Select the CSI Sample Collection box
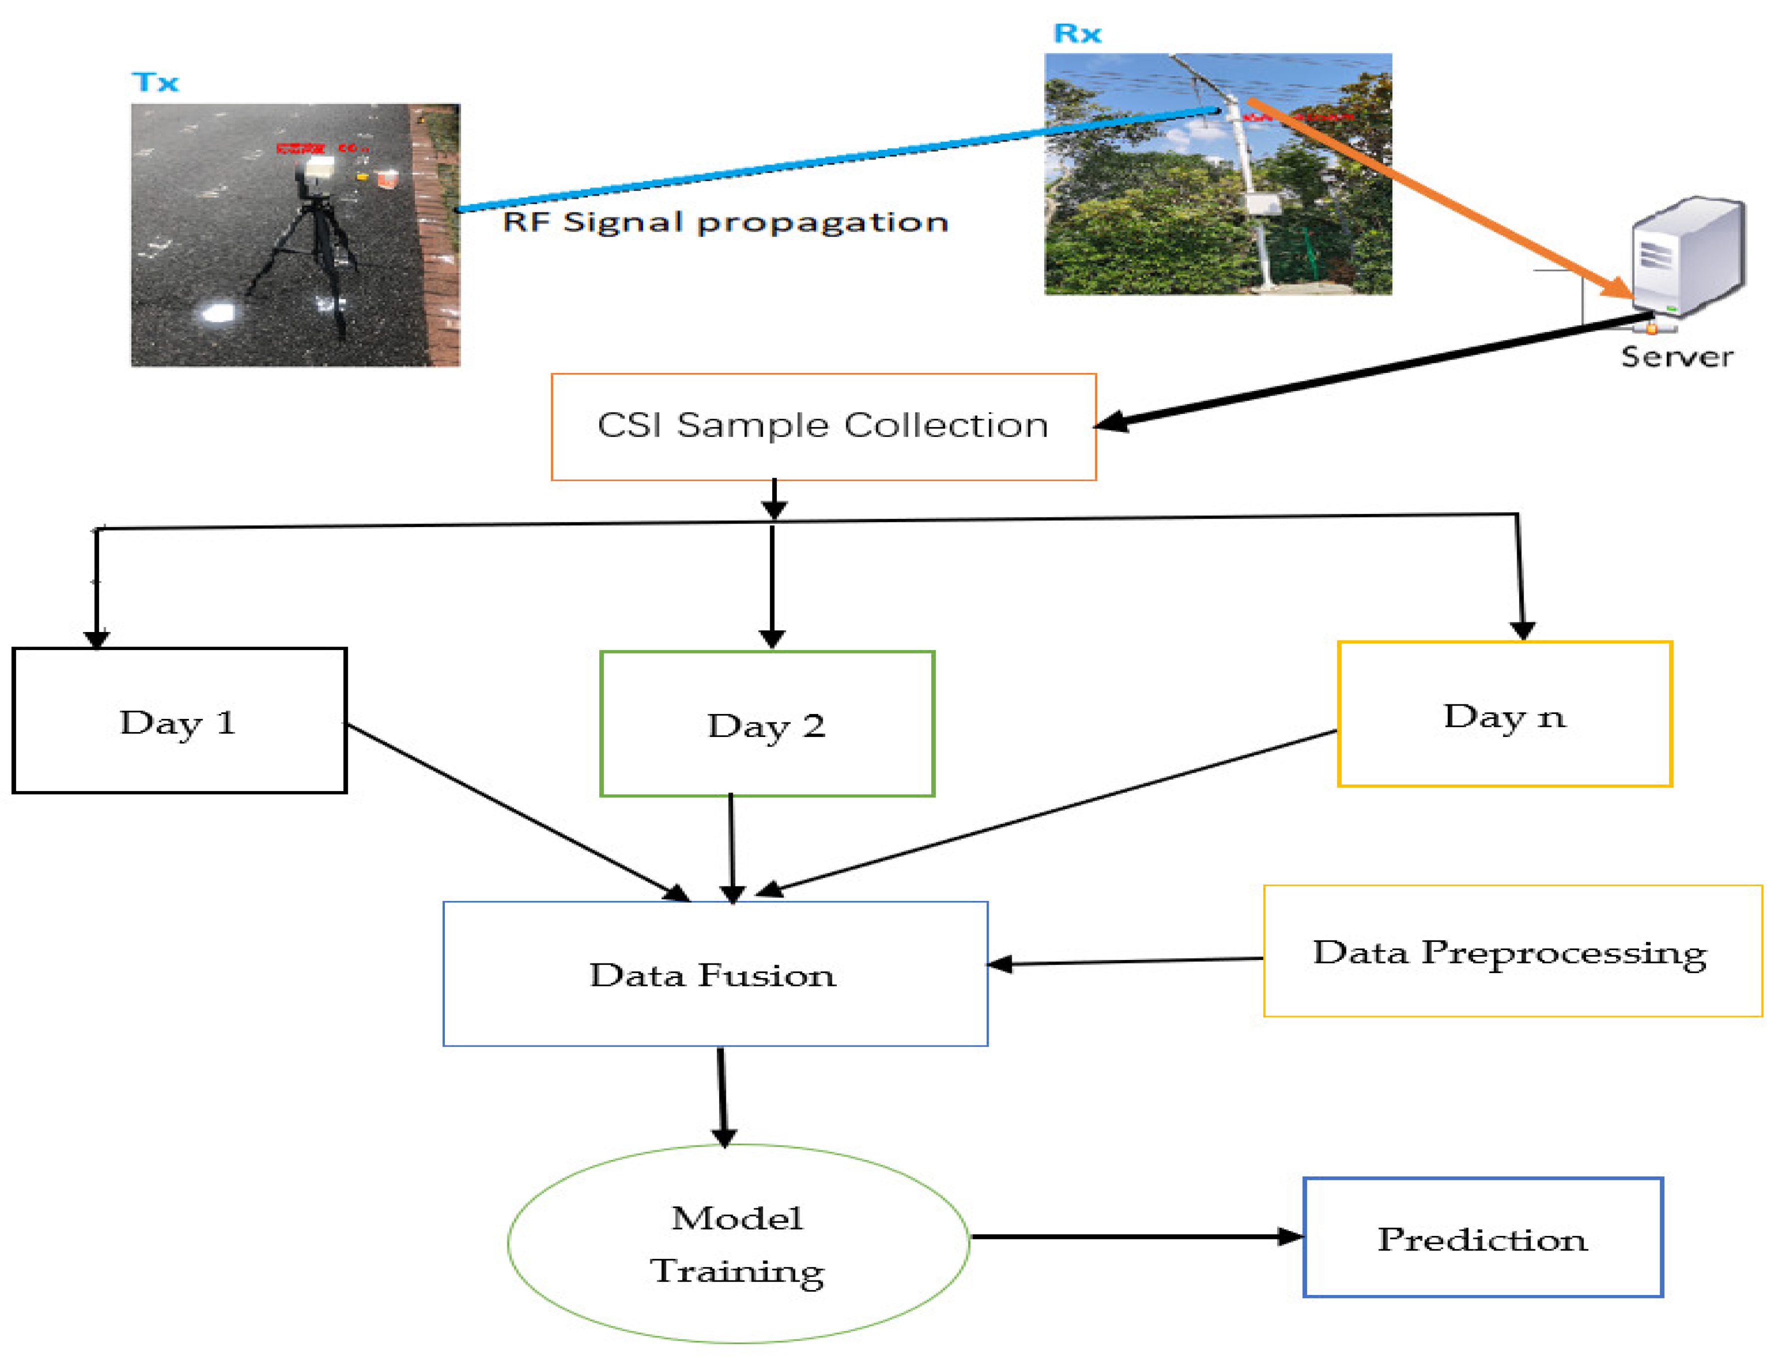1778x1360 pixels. point(823,426)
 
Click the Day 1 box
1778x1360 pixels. point(179,720)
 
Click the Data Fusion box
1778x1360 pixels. point(715,974)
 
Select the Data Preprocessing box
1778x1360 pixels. point(1512,951)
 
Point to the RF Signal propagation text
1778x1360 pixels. point(725,222)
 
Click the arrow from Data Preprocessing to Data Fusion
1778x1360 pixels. point(1125,961)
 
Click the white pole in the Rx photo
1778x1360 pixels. point(1250,194)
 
